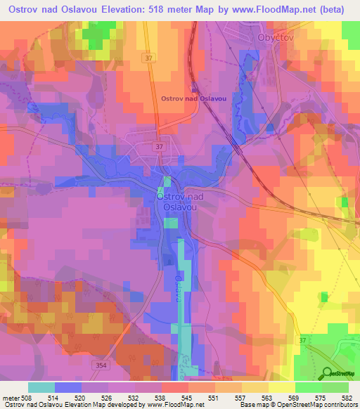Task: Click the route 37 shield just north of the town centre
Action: point(160,145)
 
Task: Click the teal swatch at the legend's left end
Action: point(41,387)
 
